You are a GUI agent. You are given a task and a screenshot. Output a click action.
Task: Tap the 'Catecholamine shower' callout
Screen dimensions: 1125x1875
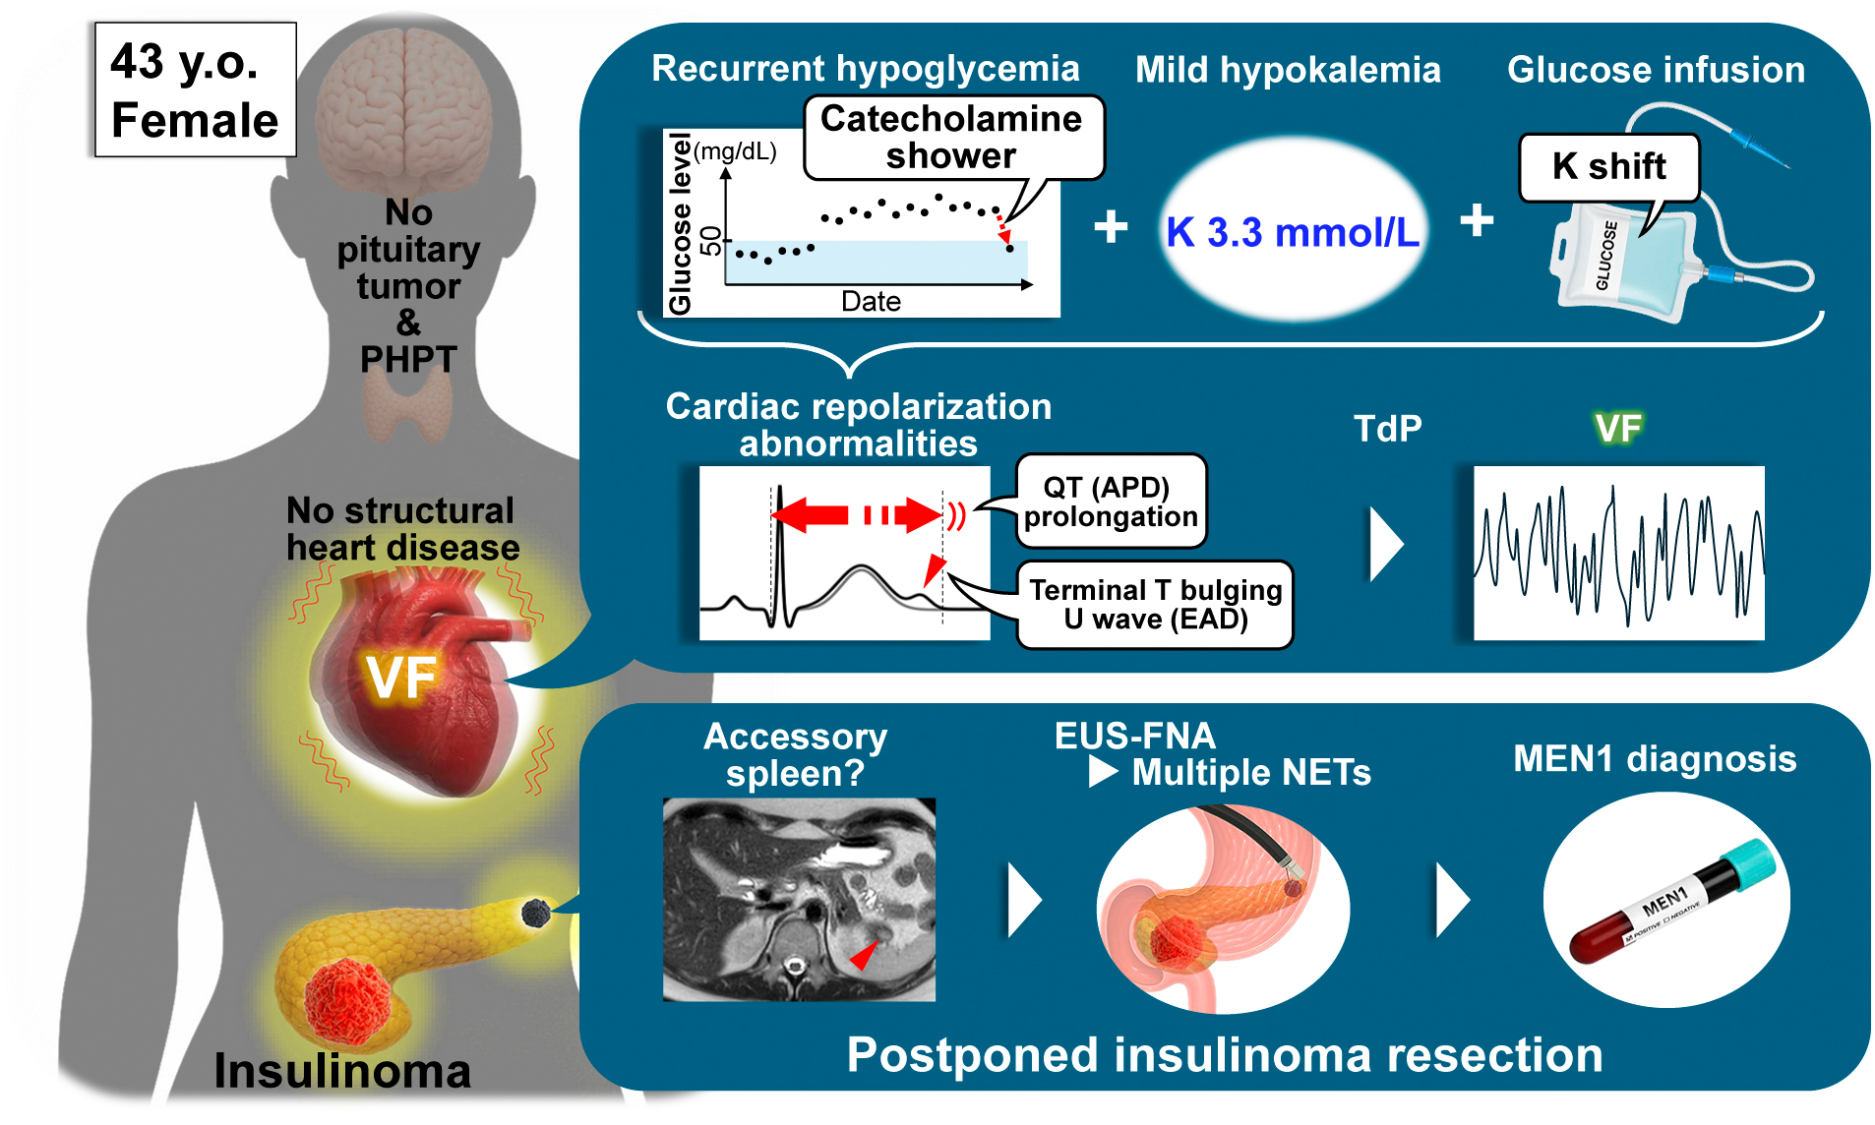pos(951,138)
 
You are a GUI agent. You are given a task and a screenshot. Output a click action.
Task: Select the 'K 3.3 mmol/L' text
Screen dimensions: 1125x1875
pos(1293,233)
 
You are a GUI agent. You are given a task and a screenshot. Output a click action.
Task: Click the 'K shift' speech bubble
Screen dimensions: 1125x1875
pos(1608,166)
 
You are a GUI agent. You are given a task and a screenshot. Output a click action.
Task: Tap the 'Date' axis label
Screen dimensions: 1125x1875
pos(871,301)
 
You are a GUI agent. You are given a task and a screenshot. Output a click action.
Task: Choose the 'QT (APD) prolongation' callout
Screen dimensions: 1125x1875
pos(1111,502)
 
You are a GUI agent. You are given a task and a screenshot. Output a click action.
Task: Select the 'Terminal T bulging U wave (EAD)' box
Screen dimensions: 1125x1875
pos(1155,605)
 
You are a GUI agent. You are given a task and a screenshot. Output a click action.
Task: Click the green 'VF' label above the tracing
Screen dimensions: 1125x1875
pos(1618,429)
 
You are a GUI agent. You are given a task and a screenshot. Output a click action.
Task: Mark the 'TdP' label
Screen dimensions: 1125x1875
pos(1387,429)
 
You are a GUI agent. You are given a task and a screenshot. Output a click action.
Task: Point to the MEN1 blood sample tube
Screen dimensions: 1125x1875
pos(1669,901)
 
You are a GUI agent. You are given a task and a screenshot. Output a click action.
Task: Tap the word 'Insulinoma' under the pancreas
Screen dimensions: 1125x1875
pos(341,1071)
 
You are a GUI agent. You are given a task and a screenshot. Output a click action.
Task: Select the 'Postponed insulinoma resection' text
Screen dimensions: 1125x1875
pos(1224,1055)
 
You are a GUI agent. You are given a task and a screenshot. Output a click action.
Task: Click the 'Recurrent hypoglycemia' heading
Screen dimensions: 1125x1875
pos(866,69)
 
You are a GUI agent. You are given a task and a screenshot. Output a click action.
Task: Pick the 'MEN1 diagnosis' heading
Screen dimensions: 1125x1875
pos(1655,759)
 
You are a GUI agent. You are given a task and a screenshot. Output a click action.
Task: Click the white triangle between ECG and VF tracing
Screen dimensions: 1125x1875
pos(1385,544)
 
